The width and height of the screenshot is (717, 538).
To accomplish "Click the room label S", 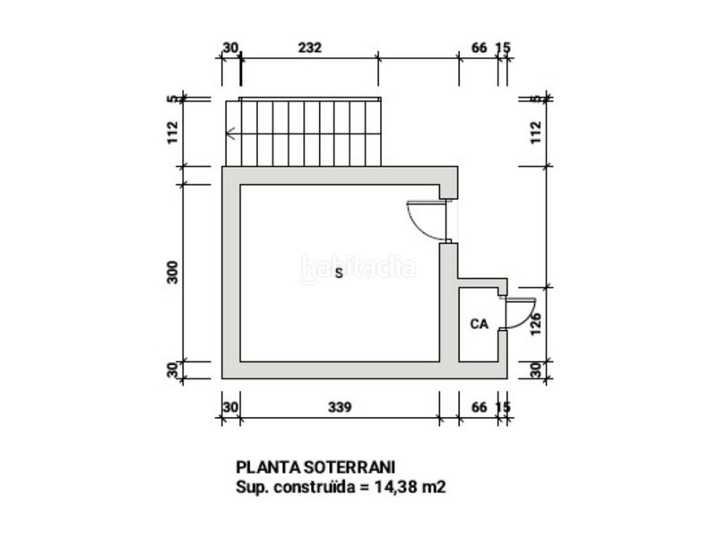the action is click(339, 273).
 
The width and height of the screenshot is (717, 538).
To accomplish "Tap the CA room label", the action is click(479, 324).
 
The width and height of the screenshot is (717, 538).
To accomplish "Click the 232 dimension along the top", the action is click(309, 48).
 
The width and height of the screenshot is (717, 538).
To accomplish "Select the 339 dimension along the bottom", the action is click(340, 407).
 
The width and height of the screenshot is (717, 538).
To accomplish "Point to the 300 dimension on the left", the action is click(172, 273).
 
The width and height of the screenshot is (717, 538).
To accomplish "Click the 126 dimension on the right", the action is click(535, 324).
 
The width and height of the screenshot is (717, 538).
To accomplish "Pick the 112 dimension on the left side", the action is click(172, 132).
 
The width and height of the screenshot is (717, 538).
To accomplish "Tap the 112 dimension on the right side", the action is click(535, 132).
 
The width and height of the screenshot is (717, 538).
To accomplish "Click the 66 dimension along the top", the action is click(479, 48).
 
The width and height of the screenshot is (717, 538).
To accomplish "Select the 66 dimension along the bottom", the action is click(479, 407).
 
